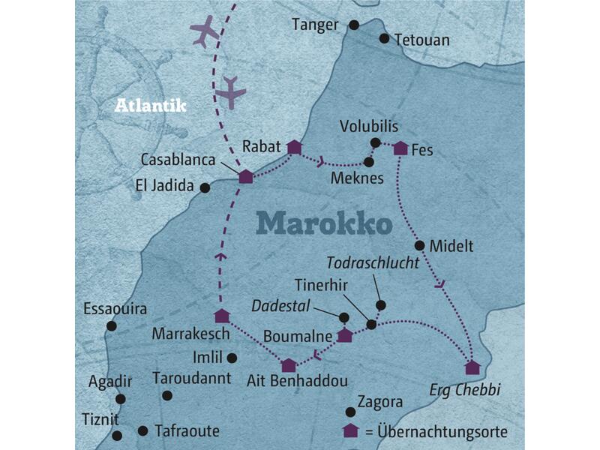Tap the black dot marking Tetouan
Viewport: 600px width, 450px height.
pyautogui.click(x=384, y=38)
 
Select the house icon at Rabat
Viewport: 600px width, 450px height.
pyautogui.click(x=294, y=147)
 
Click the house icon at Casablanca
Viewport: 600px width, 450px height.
pyautogui.click(x=245, y=176)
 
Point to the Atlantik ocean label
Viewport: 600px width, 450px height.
pyautogui.click(x=150, y=106)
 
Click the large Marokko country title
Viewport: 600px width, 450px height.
pyautogui.click(x=324, y=223)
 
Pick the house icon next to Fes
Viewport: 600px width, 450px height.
pyautogui.click(x=400, y=148)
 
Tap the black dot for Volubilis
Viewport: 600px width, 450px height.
pyautogui.click(x=375, y=142)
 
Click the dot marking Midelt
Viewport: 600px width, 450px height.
pyautogui.click(x=419, y=245)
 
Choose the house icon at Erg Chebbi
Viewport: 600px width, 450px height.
pyautogui.click(x=472, y=367)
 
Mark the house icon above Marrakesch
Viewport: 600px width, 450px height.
pyautogui.click(x=220, y=316)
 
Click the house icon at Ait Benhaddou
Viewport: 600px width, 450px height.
pyautogui.click(x=289, y=365)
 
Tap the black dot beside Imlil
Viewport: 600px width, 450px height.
pyautogui.click(x=232, y=358)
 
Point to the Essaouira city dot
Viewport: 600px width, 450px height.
pyautogui.click(x=112, y=325)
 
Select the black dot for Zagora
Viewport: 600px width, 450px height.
pyautogui.click(x=349, y=411)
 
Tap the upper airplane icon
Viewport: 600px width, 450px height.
pyautogui.click(x=204, y=32)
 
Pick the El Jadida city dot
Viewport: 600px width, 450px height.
pyautogui.click(x=205, y=188)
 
